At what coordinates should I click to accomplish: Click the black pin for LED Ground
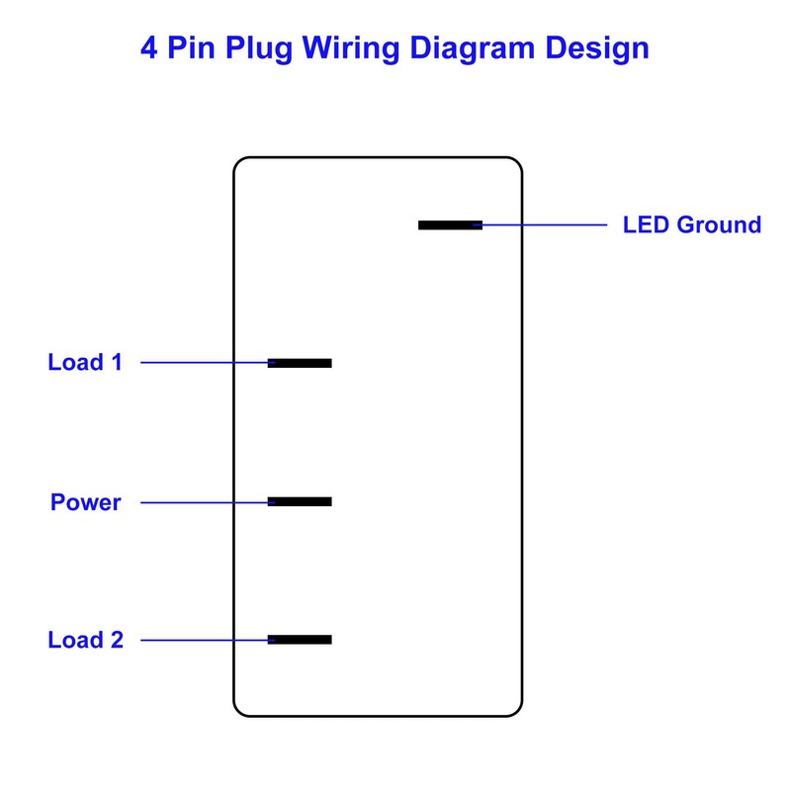(450, 225)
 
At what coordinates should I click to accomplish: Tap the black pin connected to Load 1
(300, 363)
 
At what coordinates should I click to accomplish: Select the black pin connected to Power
(300, 502)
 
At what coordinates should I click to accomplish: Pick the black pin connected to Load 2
(300, 640)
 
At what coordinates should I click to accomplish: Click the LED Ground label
(691, 224)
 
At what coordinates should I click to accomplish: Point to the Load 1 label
(85, 362)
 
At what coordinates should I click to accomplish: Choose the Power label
(86, 502)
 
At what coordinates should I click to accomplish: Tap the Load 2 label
(85, 640)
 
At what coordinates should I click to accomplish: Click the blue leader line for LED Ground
(544, 225)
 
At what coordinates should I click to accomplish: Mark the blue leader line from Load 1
(203, 363)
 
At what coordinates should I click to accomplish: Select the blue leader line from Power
(203, 502)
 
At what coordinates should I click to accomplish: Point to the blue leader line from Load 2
(203, 640)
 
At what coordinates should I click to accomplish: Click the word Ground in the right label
(718, 224)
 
